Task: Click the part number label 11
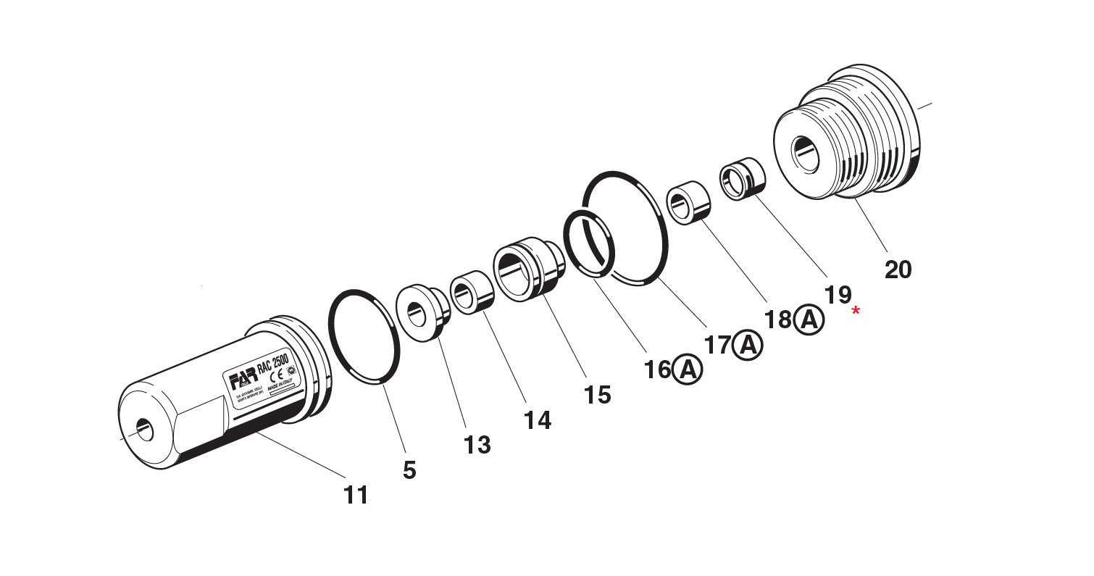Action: tap(356, 495)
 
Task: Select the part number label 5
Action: tap(409, 470)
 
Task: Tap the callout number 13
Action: tap(477, 444)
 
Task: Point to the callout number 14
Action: tap(538, 420)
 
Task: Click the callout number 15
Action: tap(598, 394)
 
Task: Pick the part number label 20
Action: tap(898, 270)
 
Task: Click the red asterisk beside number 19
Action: tap(856, 311)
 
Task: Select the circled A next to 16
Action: tap(687, 370)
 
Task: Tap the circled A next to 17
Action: tap(748, 345)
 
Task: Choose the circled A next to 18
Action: tap(809, 320)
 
